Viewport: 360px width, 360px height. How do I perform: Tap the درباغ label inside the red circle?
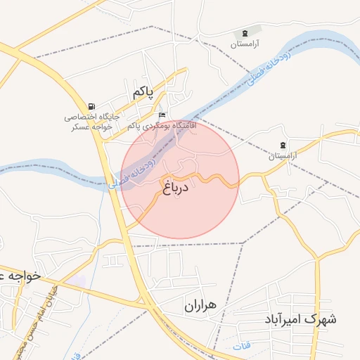(x=176, y=188)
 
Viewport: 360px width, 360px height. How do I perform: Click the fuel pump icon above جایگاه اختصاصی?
(x=92, y=105)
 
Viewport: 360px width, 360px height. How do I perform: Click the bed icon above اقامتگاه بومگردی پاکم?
(x=162, y=115)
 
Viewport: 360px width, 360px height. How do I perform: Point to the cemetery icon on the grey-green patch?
(x=245, y=33)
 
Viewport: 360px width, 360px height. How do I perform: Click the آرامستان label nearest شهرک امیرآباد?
(x=283, y=155)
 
